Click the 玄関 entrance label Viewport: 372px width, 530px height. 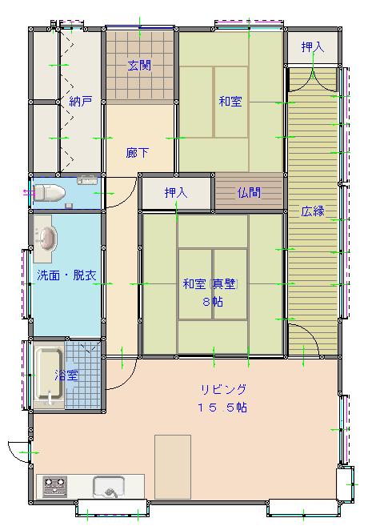pyautogui.click(x=139, y=65)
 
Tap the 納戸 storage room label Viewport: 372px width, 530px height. pyautogui.click(x=81, y=101)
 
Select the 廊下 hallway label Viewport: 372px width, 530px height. pyautogui.click(x=137, y=153)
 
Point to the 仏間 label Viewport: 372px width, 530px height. pyautogui.click(x=249, y=193)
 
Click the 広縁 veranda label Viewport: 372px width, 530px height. pyautogui.click(x=313, y=211)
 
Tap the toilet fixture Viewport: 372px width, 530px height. pyautogui.click(x=50, y=193)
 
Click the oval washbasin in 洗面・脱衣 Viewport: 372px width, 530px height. pyautogui.click(x=46, y=239)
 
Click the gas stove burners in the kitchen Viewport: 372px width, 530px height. pyautogui.click(x=54, y=487)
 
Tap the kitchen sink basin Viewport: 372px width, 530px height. pyautogui.click(x=109, y=487)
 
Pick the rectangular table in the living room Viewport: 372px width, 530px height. pyautogui.click(x=173, y=467)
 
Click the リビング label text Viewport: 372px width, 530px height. pyautogui.click(x=224, y=389)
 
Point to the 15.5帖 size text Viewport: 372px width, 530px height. pyautogui.click(x=222, y=408)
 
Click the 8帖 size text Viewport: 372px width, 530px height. pyautogui.click(x=213, y=301)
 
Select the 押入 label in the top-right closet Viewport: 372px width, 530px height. pyautogui.click(x=313, y=47)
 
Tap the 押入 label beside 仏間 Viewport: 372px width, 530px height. pyautogui.click(x=176, y=193)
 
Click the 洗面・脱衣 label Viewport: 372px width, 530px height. pyautogui.click(x=66, y=275)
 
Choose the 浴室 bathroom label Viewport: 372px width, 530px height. pyautogui.click(x=66, y=375)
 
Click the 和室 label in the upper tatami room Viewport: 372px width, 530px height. pyautogui.click(x=230, y=101)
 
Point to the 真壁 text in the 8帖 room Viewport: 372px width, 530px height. pyautogui.click(x=224, y=284)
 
